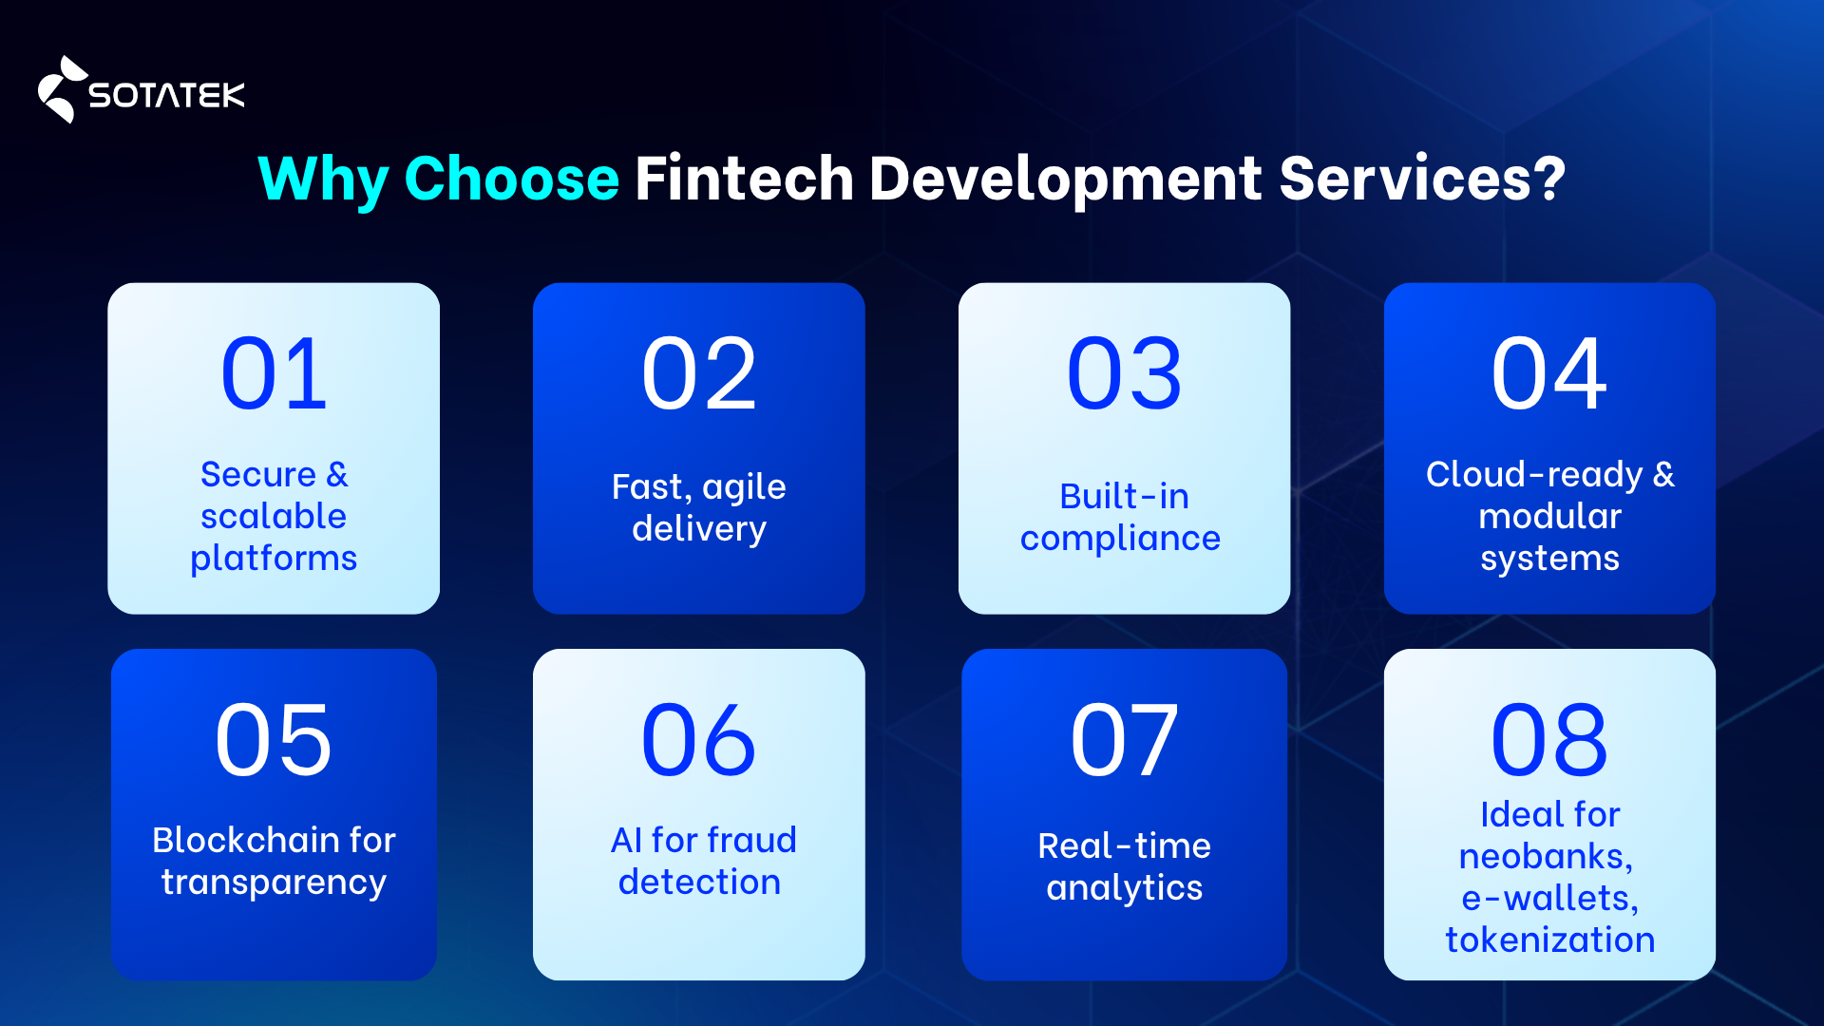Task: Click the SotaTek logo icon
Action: [60, 90]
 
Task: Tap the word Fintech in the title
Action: [744, 179]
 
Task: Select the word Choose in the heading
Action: [511, 179]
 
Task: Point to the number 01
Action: [274, 374]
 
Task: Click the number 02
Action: [699, 374]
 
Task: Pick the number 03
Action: [1125, 374]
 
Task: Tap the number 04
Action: [1549, 374]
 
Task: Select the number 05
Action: [274, 740]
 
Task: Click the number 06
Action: [699, 740]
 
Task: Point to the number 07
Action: [1125, 740]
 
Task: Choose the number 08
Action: [1549, 740]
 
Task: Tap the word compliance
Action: [1120, 539]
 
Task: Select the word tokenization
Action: [1549, 940]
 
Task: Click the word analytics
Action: [1124, 888]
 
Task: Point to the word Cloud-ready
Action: [1533, 474]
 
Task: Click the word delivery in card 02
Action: [699, 529]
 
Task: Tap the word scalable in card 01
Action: [274, 517]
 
